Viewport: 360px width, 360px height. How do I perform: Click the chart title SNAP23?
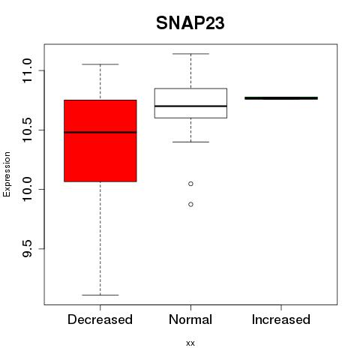(x=190, y=23)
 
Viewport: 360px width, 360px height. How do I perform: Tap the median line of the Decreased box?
(x=100, y=132)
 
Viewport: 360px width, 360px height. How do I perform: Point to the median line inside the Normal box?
(x=190, y=106)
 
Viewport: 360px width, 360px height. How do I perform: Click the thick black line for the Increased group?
(x=281, y=98)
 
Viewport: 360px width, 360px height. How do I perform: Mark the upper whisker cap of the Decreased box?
(x=100, y=64)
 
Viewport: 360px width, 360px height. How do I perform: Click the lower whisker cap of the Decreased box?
(x=100, y=295)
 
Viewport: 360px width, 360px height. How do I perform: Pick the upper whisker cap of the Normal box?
(x=190, y=54)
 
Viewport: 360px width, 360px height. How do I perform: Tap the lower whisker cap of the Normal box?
(x=190, y=142)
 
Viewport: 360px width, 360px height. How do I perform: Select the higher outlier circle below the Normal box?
(x=190, y=184)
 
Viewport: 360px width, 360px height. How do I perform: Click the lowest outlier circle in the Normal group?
(x=190, y=205)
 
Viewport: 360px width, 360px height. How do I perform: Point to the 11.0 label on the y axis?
(x=27, y=70)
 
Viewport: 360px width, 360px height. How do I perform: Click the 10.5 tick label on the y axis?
(x=27, y=130)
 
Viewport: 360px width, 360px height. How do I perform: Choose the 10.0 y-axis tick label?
(x=27, y=189)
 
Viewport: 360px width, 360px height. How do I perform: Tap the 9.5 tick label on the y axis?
(x=27, y=249)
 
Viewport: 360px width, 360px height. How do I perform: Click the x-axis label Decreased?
(x=100, y=319)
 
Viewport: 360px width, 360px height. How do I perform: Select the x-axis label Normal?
(x=190, y=319)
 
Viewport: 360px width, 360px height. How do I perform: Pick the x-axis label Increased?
(x=281, y=319)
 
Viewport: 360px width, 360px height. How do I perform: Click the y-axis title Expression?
(x=7, y=174)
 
